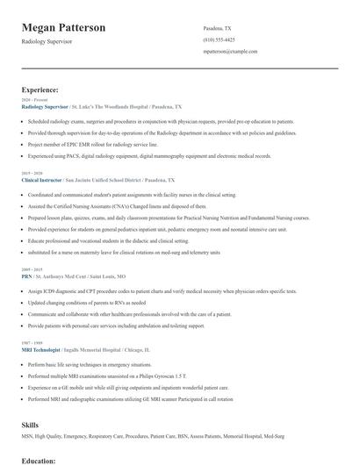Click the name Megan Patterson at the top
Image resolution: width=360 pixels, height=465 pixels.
pyautogui.click(x=63, y=28)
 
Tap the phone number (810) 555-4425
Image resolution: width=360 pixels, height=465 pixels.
pyautogui.click(x=219, y=40)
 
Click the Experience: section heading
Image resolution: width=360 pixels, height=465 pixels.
pyautogui.click(x=40, y=89)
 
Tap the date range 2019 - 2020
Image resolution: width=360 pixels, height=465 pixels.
pyautogui.click(x=32, y=173)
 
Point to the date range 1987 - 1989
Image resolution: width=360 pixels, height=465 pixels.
pyautogui.click(x=32, y=343)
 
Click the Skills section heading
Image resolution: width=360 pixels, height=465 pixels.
pyautogui.click(x=30, y=425)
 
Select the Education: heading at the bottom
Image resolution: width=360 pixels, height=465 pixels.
pyautogui.click(x=39, y=460)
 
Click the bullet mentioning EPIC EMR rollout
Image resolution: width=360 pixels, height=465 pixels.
pyautogui.click(x=105, y=143)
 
